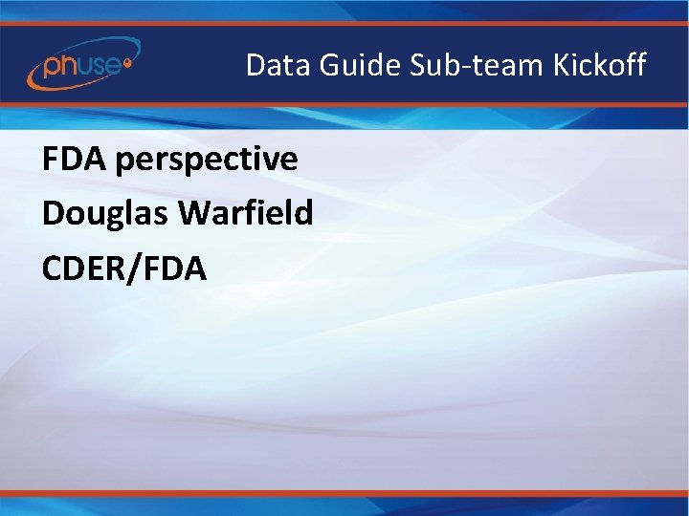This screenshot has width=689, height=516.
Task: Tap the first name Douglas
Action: pos(106,214)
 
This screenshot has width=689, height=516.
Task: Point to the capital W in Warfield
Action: pos(194,214)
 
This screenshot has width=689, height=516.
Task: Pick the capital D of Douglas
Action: pos(53,214)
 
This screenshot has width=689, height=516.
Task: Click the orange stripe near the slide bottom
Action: pos(344,493)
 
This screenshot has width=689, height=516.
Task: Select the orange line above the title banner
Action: pos(344,23)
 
